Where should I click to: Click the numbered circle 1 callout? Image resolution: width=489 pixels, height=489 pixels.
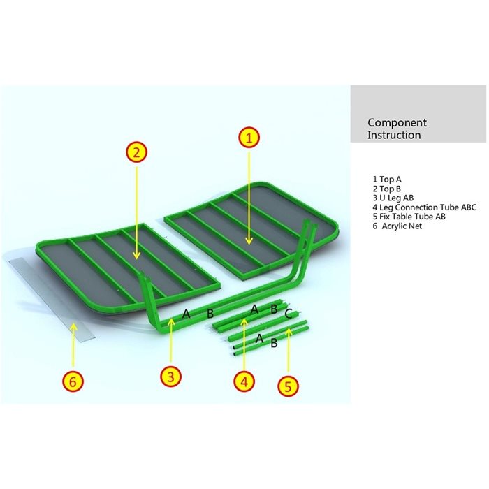pos(249,138)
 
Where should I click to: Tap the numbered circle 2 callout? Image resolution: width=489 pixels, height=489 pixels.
pos(136,152)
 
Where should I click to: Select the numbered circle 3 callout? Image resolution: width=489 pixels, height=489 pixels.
pos(170,377)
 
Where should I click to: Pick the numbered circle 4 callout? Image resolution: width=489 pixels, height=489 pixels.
pos(245,381)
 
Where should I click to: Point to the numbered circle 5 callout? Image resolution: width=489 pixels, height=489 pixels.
pos(288,386)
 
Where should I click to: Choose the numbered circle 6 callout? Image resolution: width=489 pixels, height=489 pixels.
pos(73,381)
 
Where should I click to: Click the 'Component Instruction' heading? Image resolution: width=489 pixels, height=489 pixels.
pos(397,129)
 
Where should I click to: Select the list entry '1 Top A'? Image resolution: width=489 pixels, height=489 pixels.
pos(387,180)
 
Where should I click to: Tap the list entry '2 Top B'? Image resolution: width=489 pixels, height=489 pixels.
pos(387,189)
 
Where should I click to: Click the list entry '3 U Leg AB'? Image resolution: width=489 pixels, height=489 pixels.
pos(393,198)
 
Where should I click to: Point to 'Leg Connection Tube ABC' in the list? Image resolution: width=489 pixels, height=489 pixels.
pos(428,207)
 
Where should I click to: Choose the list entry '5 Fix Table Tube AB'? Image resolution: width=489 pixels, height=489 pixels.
pos(409,217)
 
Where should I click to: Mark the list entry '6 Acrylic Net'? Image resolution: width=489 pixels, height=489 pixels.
pos(397,226)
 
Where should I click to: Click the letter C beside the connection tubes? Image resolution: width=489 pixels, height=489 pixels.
pos(289,314)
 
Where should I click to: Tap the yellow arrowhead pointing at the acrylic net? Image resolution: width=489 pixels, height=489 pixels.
pos(73,327)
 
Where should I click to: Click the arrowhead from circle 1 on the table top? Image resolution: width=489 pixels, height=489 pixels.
pos(249,241)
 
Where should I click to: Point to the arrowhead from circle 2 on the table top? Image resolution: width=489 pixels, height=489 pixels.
pos(136,256)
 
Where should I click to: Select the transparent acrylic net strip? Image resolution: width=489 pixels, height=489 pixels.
pos(52,300)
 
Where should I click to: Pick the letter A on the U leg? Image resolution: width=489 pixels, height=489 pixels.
pos(187,314)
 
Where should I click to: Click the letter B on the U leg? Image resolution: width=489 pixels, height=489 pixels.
pos(210,314)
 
